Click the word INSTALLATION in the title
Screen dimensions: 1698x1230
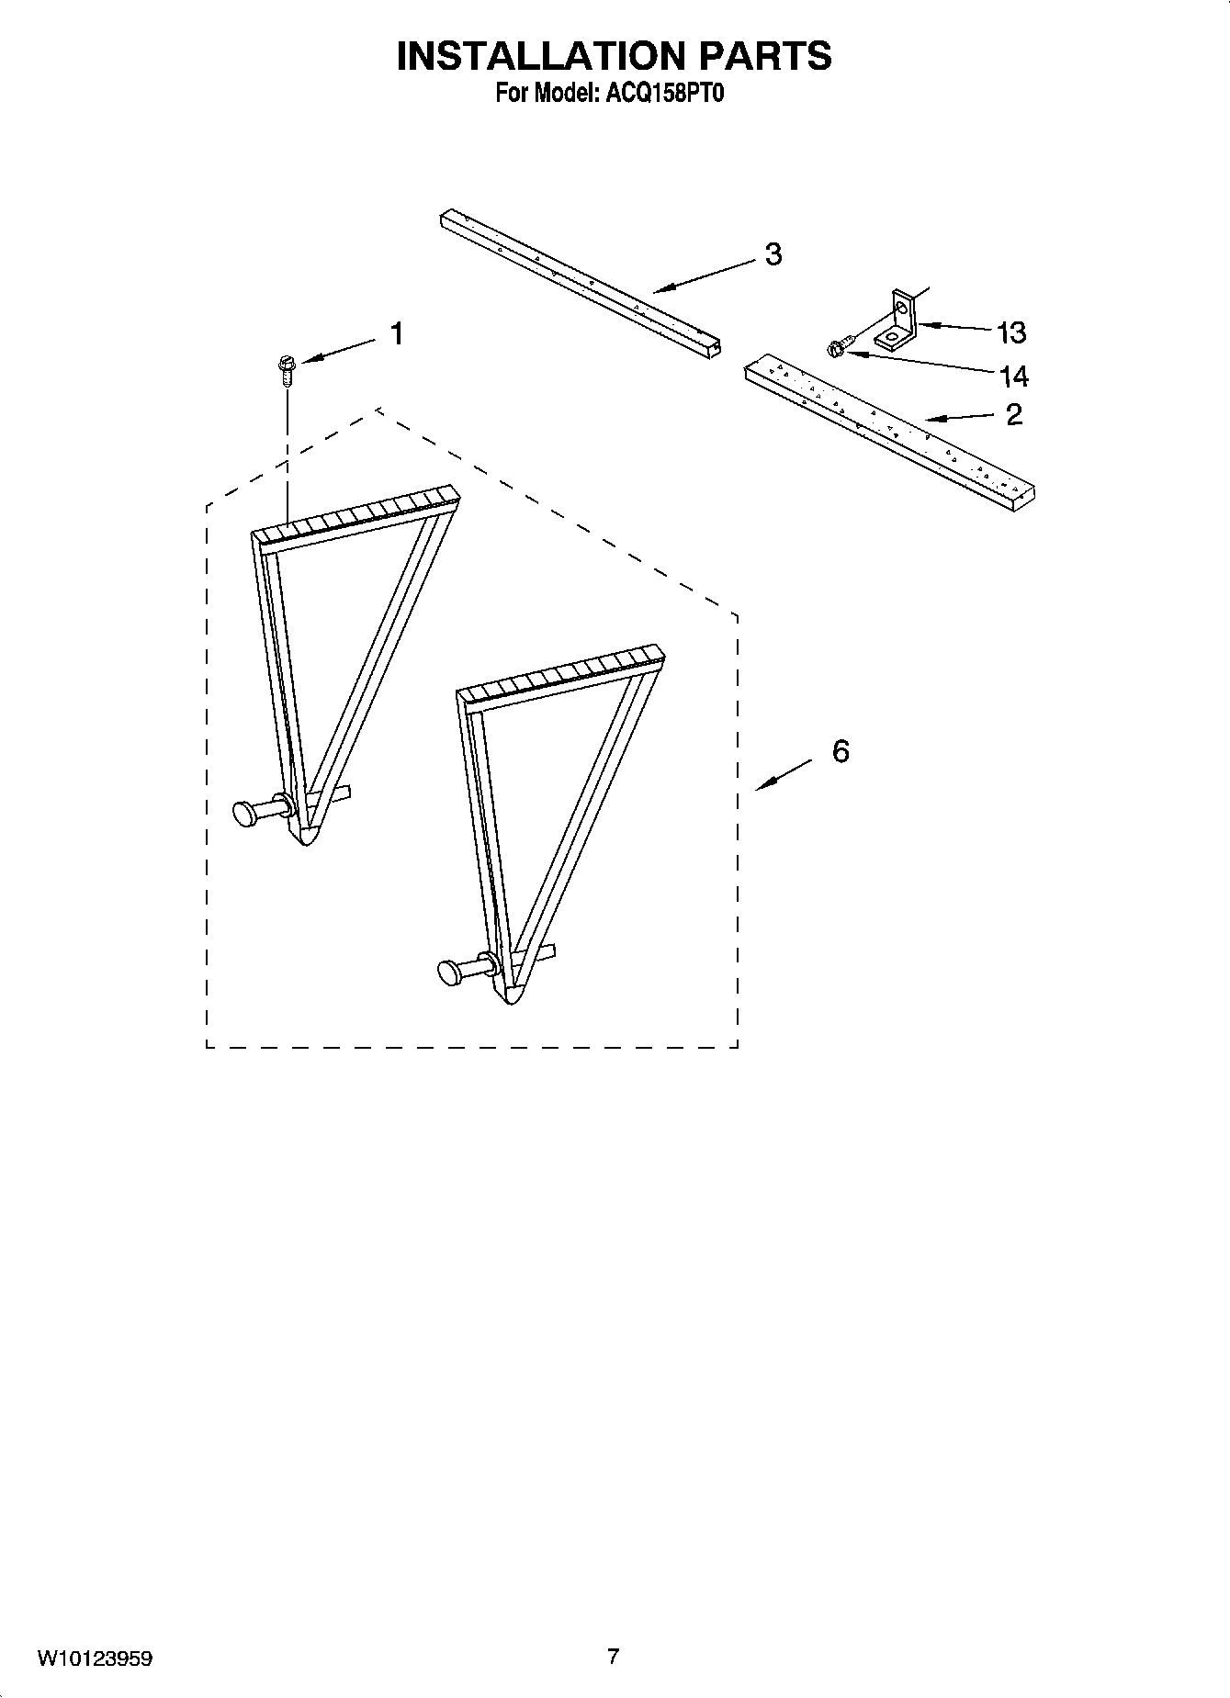coord(542,57)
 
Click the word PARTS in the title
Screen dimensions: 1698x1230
coord(766,57)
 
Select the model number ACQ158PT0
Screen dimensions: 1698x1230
coord(661,95)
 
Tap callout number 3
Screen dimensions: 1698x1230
coord(773,254)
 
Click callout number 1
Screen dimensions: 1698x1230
coord(397,334)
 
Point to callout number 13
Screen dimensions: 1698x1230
coord(1011,332)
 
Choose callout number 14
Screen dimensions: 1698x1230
coord(1013,377)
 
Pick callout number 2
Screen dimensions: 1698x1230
coord(1013,415)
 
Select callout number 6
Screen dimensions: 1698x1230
coord(841,751)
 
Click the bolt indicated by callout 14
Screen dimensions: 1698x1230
coord(839,347)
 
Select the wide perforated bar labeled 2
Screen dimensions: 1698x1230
coord(891,432)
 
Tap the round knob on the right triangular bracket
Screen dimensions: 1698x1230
coord(450,971)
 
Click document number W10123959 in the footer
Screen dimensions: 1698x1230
coord(95,1659)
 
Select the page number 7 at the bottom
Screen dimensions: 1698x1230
coord(614,1657)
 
